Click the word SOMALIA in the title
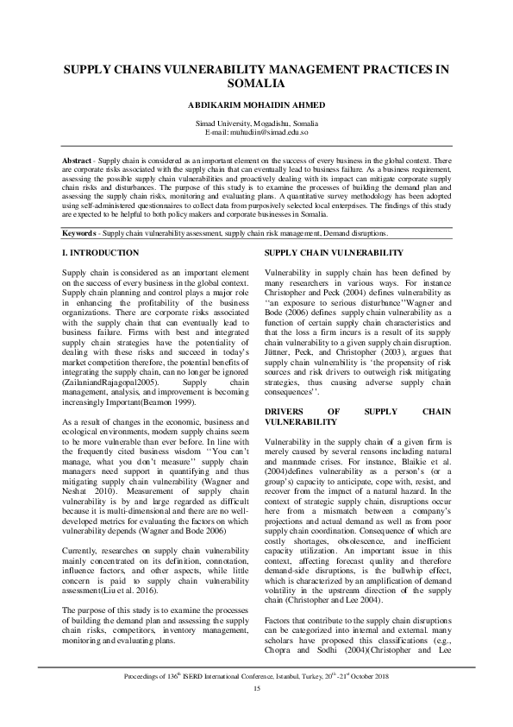pyautogui.click(x=256, y=85)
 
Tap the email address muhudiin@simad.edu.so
pyautogui.click(x=272, y=133)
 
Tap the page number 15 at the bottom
pyautogui.click(x=256, y=711)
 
